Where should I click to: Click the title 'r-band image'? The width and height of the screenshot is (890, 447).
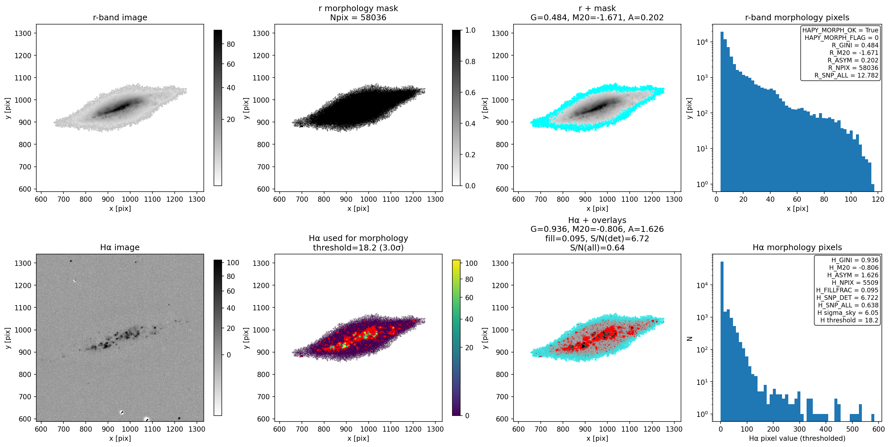120,17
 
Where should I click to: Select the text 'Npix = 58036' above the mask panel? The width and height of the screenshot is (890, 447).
358,17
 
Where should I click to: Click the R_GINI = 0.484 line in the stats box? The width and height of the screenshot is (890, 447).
855,45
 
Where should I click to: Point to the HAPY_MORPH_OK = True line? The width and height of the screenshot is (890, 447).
840,30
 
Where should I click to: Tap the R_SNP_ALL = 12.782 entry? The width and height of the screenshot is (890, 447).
846,75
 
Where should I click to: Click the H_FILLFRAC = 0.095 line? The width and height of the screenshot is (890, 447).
847,290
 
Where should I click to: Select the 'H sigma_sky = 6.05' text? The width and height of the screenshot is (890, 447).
847,313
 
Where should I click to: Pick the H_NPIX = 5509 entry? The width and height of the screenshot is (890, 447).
855,283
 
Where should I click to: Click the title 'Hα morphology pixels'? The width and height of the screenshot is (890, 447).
797,247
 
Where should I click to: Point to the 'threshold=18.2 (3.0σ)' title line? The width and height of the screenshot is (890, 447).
358,248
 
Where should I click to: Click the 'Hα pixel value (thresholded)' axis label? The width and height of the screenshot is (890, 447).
797,438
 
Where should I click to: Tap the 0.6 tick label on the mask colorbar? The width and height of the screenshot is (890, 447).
470,93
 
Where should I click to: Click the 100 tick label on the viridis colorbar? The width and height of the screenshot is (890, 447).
471,263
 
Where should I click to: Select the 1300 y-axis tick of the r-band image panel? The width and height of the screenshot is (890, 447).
23,33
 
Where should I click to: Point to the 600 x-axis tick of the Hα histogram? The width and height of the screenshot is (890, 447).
879,429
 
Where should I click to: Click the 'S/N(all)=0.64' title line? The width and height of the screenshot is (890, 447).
597,248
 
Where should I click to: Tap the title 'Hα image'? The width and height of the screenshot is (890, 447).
120,247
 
